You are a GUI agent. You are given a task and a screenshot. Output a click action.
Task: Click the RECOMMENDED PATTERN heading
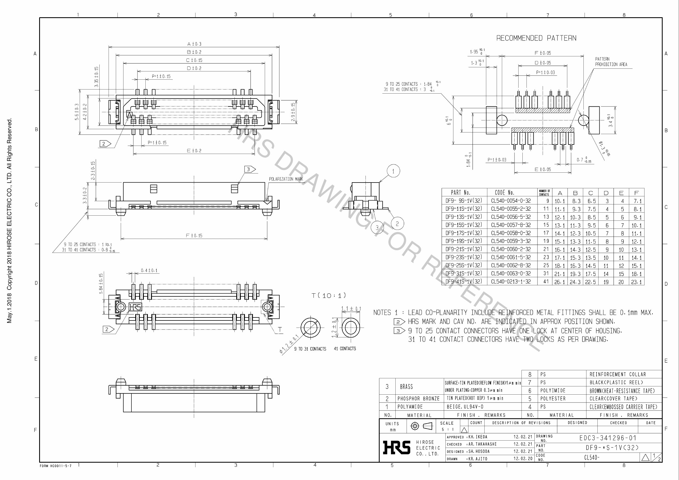tap(536, 38)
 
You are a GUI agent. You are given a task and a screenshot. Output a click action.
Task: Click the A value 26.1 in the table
tap(560, 282)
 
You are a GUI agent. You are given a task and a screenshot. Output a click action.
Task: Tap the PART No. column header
tap(461, 193)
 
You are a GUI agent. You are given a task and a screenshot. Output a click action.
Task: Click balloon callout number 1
tap(393, 171)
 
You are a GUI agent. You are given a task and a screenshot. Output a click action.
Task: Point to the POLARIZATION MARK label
tap(286, 179)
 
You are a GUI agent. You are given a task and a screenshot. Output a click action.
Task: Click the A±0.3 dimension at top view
tap(194, 44)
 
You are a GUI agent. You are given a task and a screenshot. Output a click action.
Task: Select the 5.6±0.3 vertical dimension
tap(77, 112)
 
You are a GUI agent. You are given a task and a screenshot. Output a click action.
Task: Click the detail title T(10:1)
tap(329, 296)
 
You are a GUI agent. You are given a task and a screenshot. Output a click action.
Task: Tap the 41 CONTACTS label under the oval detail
tap(345, 349)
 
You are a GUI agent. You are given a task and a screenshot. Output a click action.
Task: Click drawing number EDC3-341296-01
tap(608, 438)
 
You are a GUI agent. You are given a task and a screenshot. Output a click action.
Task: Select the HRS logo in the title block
tap(396, 447)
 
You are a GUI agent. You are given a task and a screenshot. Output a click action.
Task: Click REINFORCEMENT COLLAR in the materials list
tap(617, 374)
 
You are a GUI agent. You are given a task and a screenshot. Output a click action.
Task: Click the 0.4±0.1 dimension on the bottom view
tap(149, 270)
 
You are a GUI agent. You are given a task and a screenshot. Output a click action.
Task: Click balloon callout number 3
tap(377, 228)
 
